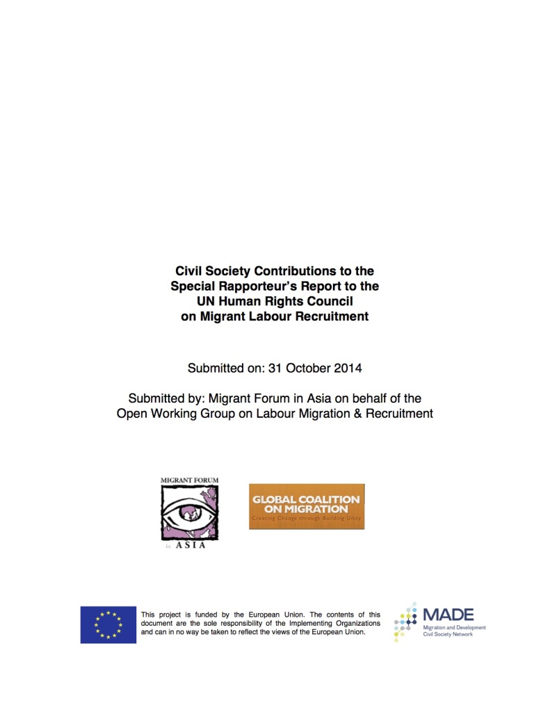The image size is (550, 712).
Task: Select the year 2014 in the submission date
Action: point(348,368)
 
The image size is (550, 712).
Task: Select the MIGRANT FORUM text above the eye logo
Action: point(189,480)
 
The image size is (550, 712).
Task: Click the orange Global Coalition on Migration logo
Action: point(307,506)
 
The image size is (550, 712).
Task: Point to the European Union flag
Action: point(108,624)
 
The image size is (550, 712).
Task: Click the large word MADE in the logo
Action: point(448,615)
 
